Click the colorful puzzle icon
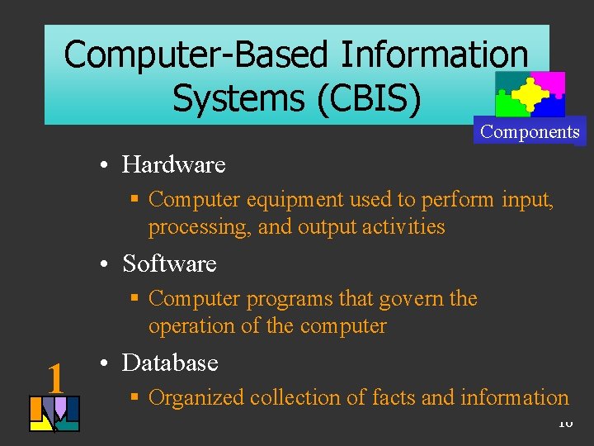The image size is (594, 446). pos(530,94)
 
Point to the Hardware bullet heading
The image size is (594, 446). pos(173,164)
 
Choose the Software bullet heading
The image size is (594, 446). pos(169,263)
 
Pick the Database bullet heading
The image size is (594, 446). pos(170,363)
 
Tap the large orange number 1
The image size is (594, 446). pos(55,379)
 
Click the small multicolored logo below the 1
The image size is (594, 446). pos(54,414)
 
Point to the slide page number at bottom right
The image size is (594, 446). pos(564,423)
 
